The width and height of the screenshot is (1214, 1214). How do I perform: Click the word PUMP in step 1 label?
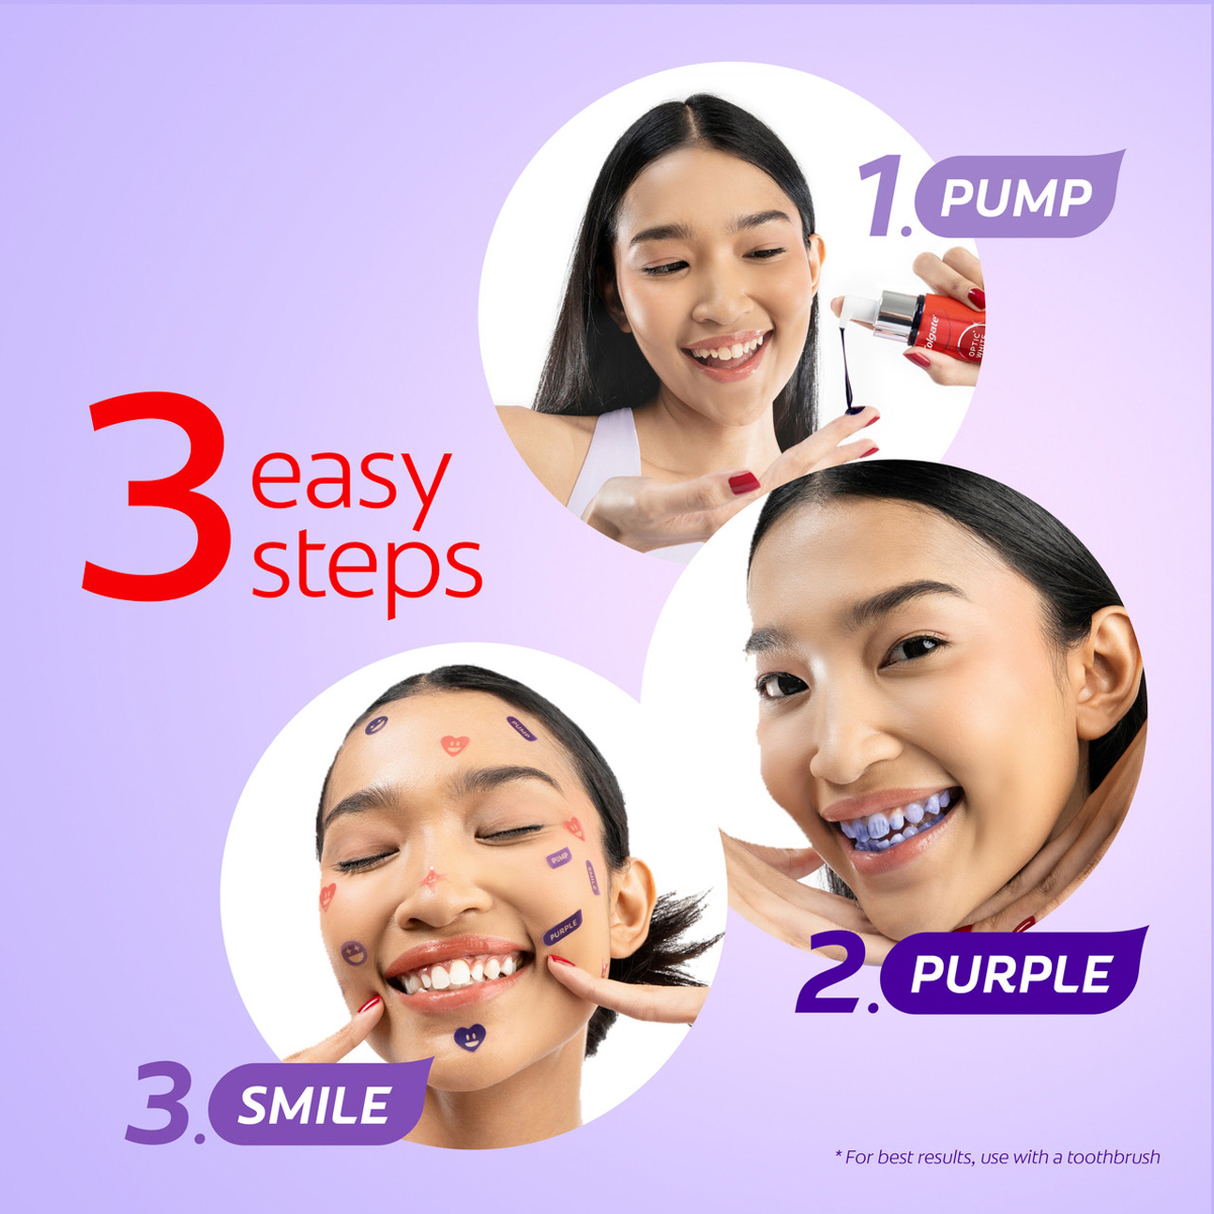click(x=1015, y=198)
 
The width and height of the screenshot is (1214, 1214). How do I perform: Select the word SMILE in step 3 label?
click(x=314, y=1106)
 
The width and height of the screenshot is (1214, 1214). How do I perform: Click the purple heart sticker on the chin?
click(x=469, y=1037)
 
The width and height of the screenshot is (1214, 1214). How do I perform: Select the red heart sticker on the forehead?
click(x=454, y=745)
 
